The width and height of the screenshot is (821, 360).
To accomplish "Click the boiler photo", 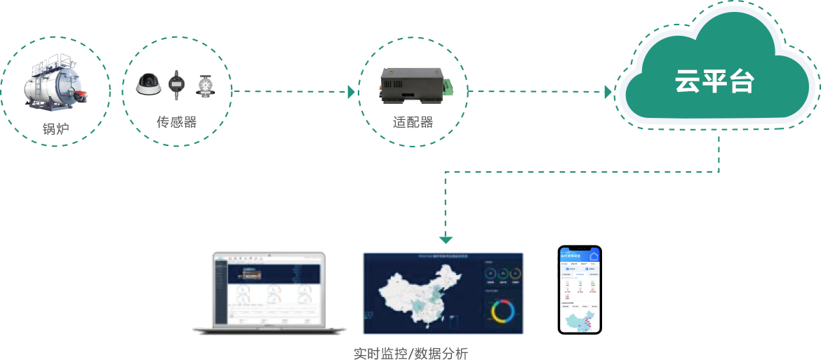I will point(55,84).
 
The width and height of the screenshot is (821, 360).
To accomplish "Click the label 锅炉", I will point(55,129).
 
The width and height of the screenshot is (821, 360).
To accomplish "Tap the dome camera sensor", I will point(149,85).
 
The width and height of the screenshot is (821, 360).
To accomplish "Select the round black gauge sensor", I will point(176,86).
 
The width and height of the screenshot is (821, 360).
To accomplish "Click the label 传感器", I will point(176,122).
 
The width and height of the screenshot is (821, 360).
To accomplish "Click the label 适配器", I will point(413,122).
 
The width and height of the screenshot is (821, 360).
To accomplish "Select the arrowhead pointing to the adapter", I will point(352,92).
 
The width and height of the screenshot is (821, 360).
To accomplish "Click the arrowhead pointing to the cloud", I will point(608,92).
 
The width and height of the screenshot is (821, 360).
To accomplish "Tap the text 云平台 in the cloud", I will point(714,81).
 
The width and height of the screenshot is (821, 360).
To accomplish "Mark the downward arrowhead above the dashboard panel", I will point(446,239).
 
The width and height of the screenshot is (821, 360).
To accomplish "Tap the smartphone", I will point(580,290).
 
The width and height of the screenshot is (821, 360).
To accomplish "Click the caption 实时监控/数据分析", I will point(410,354).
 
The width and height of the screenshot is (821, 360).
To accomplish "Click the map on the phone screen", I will point(582,321).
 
